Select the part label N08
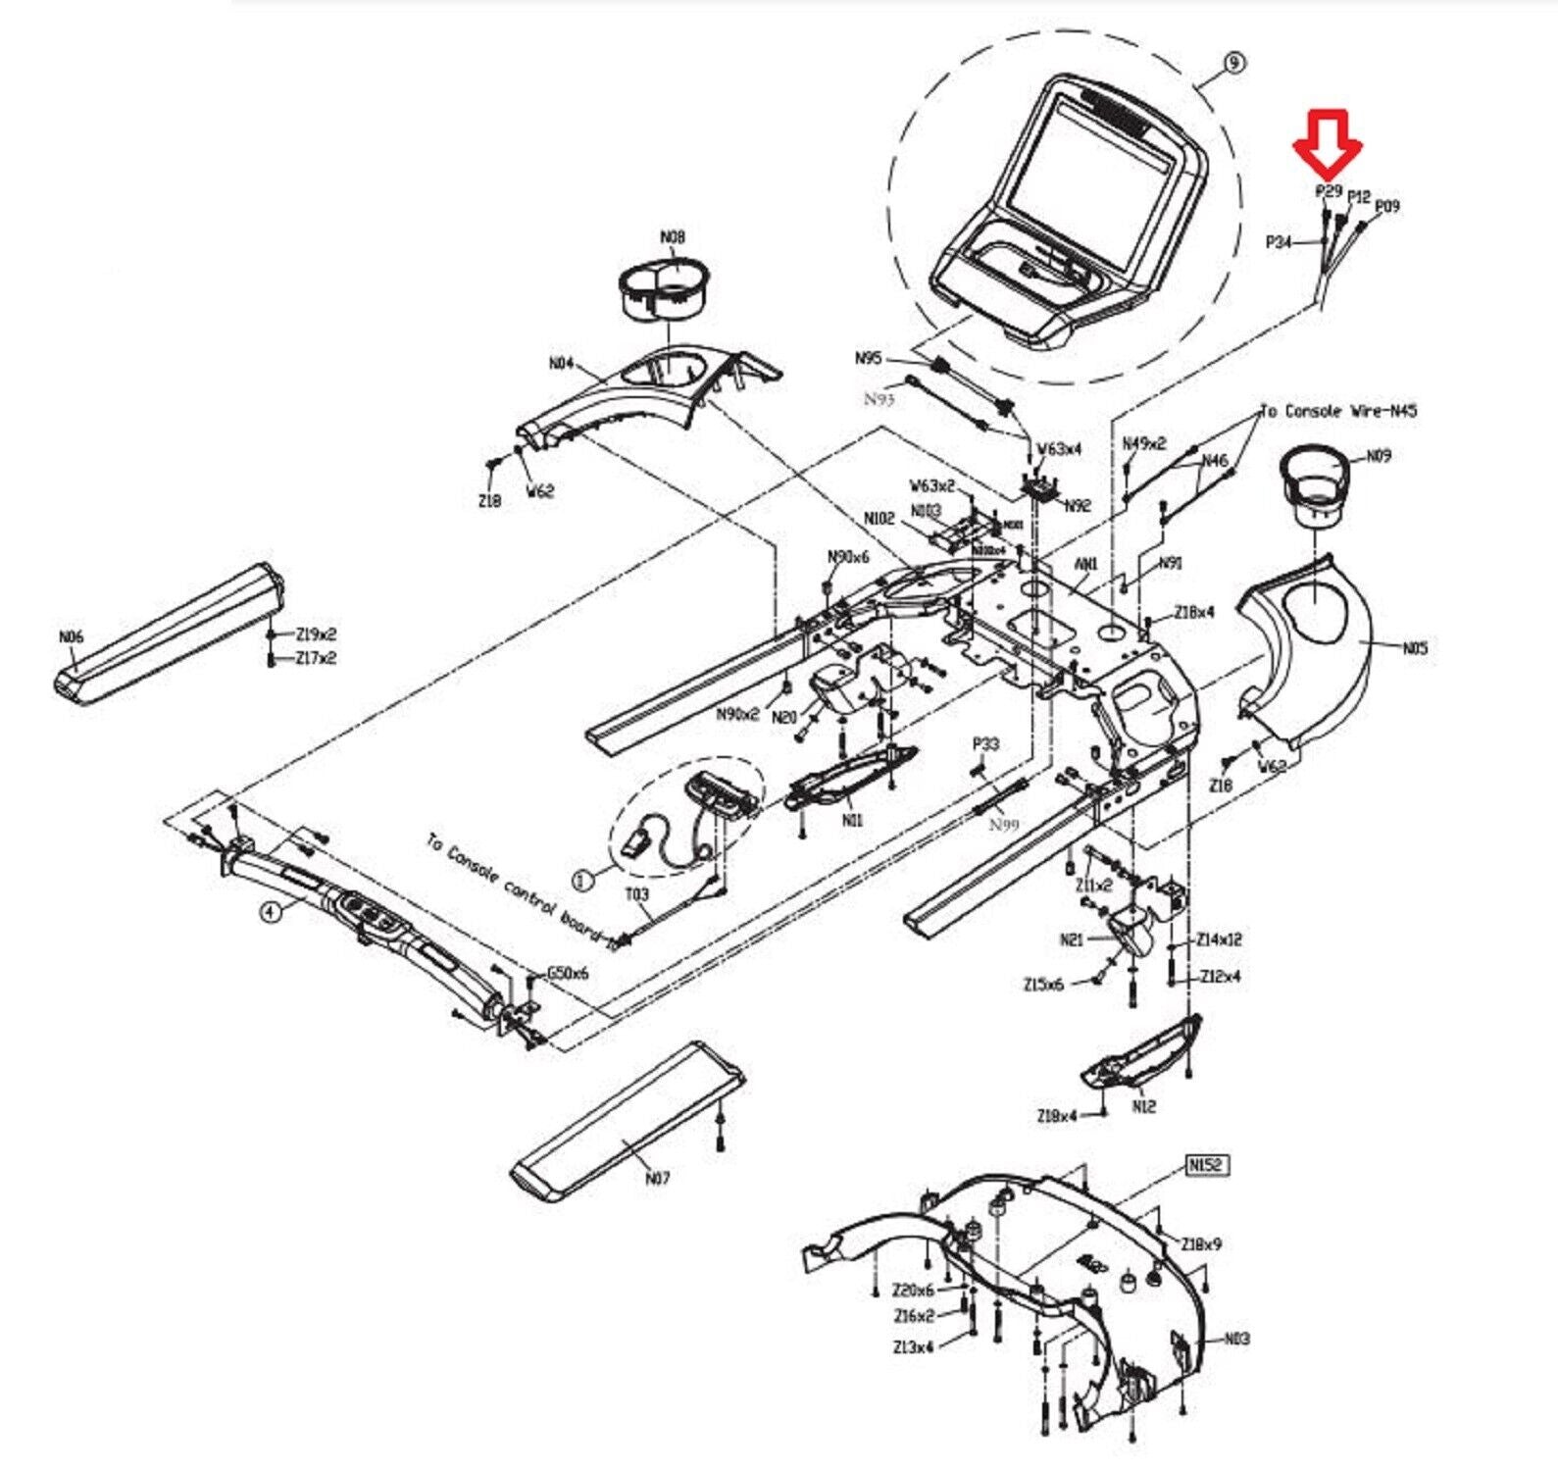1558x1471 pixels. point(673,237)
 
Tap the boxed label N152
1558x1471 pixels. point(1207,1165)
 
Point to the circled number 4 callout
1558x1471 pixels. point(271,912)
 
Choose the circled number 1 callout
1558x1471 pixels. point(583,881)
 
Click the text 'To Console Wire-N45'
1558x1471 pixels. point(1338,411)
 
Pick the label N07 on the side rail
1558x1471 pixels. point(657,1178)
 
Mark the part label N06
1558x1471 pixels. point(71,637)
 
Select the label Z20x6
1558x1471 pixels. point(913,1290)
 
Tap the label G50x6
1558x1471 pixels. point(568,973)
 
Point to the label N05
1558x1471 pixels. point(1415,647)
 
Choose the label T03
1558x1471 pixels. point(637,894)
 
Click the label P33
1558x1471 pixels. point(985,744)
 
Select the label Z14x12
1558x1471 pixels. point(1219,939)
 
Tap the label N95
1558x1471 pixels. point(869,359)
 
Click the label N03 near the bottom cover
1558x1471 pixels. point(1237,1339)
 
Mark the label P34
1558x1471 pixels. point(1279,241)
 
